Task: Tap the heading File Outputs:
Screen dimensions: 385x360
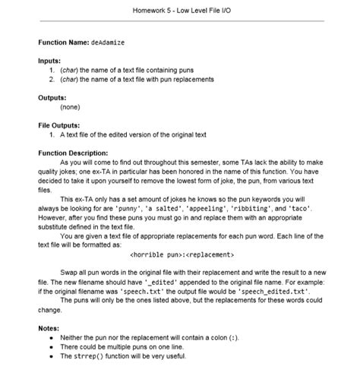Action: (x=59, y=125)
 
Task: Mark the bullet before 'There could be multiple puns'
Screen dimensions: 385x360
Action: (x=51, y=346)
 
